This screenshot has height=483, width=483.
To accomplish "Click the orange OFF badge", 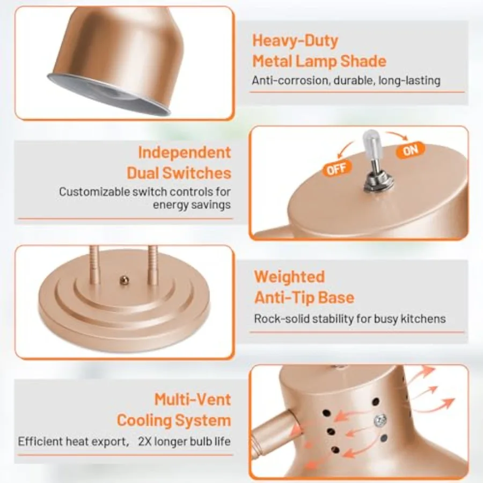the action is (x=337, y=169).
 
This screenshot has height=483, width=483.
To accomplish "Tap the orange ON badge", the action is (x=411, y=150).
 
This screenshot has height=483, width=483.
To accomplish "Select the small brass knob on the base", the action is (x=124, y=280).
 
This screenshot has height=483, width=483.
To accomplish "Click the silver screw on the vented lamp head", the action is (x=380, y=420).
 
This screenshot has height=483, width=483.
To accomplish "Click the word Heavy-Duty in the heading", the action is (x=295, y=41).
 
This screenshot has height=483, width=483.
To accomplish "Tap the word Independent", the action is (x=185, y=152).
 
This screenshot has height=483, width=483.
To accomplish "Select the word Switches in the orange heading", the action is (x=196, y=173).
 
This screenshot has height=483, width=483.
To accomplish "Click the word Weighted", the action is (x=290, y=276).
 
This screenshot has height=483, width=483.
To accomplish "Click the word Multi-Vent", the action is (x=193, y=399).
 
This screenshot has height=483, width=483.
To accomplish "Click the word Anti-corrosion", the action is (x=290, y=80).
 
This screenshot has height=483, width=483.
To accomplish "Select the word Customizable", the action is (x=94, y=192).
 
